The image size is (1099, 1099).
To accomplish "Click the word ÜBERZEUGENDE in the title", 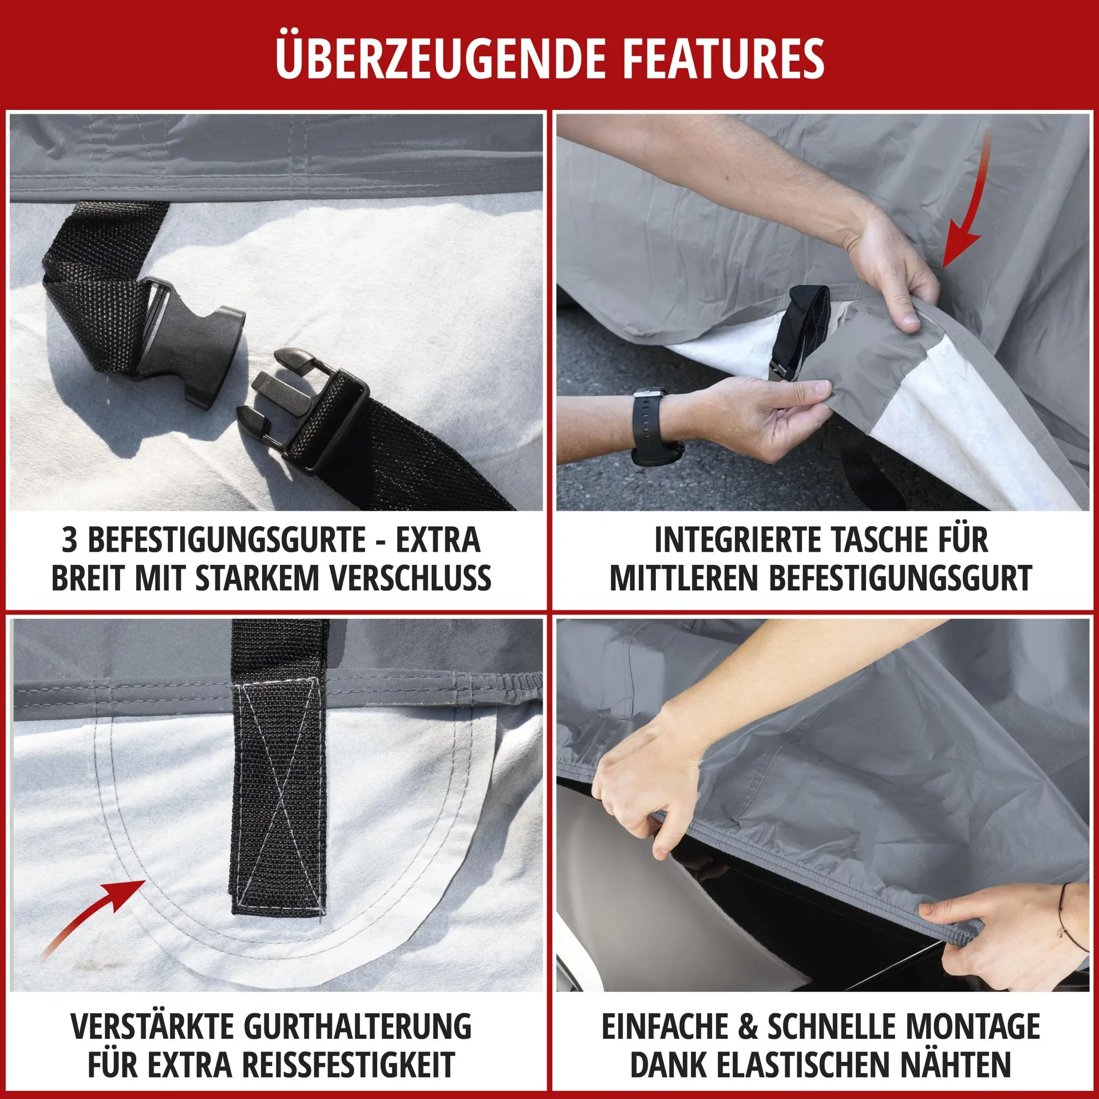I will point(440,58).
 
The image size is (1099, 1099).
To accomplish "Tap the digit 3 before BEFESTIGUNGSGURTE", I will point(70,540).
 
